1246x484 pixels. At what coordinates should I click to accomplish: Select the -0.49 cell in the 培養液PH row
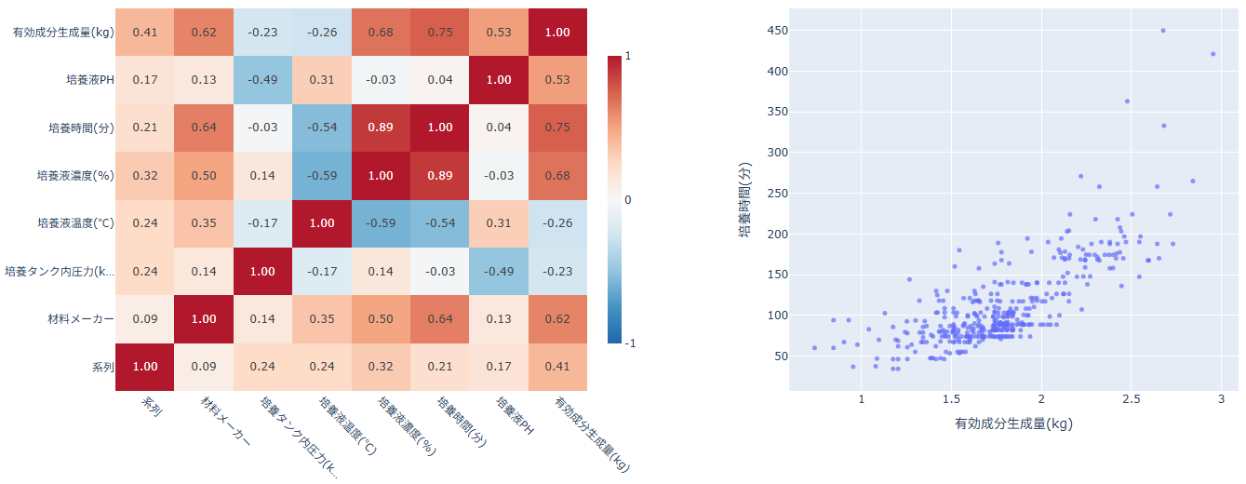point(262,79)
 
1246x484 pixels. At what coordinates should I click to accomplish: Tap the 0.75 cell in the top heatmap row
point(439,32)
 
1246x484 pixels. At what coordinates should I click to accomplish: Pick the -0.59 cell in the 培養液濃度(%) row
point(321,175)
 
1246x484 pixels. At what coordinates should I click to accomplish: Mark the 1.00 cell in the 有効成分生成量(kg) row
point(557,32)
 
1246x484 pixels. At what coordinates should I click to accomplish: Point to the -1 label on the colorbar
point(630,343)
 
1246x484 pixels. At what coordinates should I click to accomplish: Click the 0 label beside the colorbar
point(628,199)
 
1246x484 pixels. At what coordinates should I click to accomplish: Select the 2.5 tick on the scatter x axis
point(1132,398)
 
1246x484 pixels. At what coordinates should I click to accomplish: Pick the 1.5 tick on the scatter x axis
point(951,398)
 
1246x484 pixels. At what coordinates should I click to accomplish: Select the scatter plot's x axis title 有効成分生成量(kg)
point(1013,424)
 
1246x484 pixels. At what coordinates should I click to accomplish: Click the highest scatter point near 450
point(1163,31)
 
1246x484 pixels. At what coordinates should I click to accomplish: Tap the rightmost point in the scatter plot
point(1213,54)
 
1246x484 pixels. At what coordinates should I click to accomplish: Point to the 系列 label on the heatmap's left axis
point(102,367)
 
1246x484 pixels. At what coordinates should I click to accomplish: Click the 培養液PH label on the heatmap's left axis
point(88,79)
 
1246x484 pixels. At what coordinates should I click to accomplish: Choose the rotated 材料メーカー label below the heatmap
point(225,423)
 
